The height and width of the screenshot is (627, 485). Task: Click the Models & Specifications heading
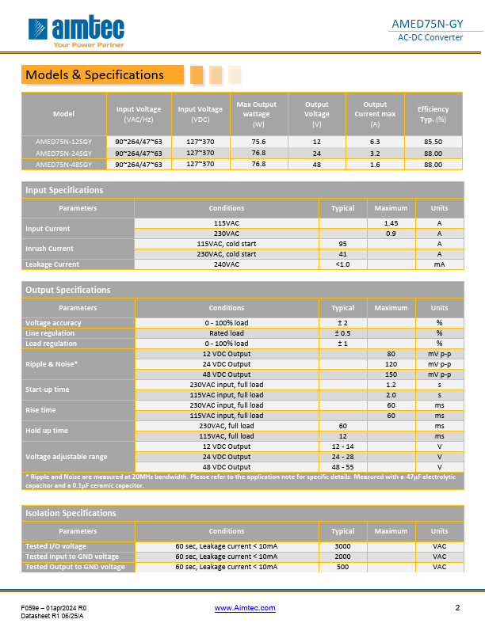point(94,75)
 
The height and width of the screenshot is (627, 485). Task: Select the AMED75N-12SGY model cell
point(63,142)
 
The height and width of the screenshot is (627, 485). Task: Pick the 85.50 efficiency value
point(433,142)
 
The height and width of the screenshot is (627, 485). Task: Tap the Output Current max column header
point(375,114)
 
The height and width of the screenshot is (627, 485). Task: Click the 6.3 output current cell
point(375,142)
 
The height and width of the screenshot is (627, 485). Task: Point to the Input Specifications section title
point(64,190)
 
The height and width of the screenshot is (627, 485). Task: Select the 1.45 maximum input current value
point(391,224)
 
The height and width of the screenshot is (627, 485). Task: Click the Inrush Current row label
point(50,249)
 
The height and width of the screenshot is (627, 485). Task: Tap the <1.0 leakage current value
point(342,264)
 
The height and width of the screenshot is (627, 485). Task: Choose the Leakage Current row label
point(52,264)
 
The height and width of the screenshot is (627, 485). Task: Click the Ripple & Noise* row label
point(52,364)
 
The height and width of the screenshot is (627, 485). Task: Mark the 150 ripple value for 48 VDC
point(391,374)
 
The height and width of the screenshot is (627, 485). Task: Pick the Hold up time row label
point(48,431)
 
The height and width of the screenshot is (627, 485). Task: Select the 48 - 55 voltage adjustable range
point(342,466)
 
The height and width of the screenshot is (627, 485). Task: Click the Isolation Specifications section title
point(71,513)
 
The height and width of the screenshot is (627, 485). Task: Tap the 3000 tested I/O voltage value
point(342,547)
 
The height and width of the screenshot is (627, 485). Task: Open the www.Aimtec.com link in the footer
point(245,608)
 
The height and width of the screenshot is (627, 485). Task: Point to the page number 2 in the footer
point(457,608)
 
